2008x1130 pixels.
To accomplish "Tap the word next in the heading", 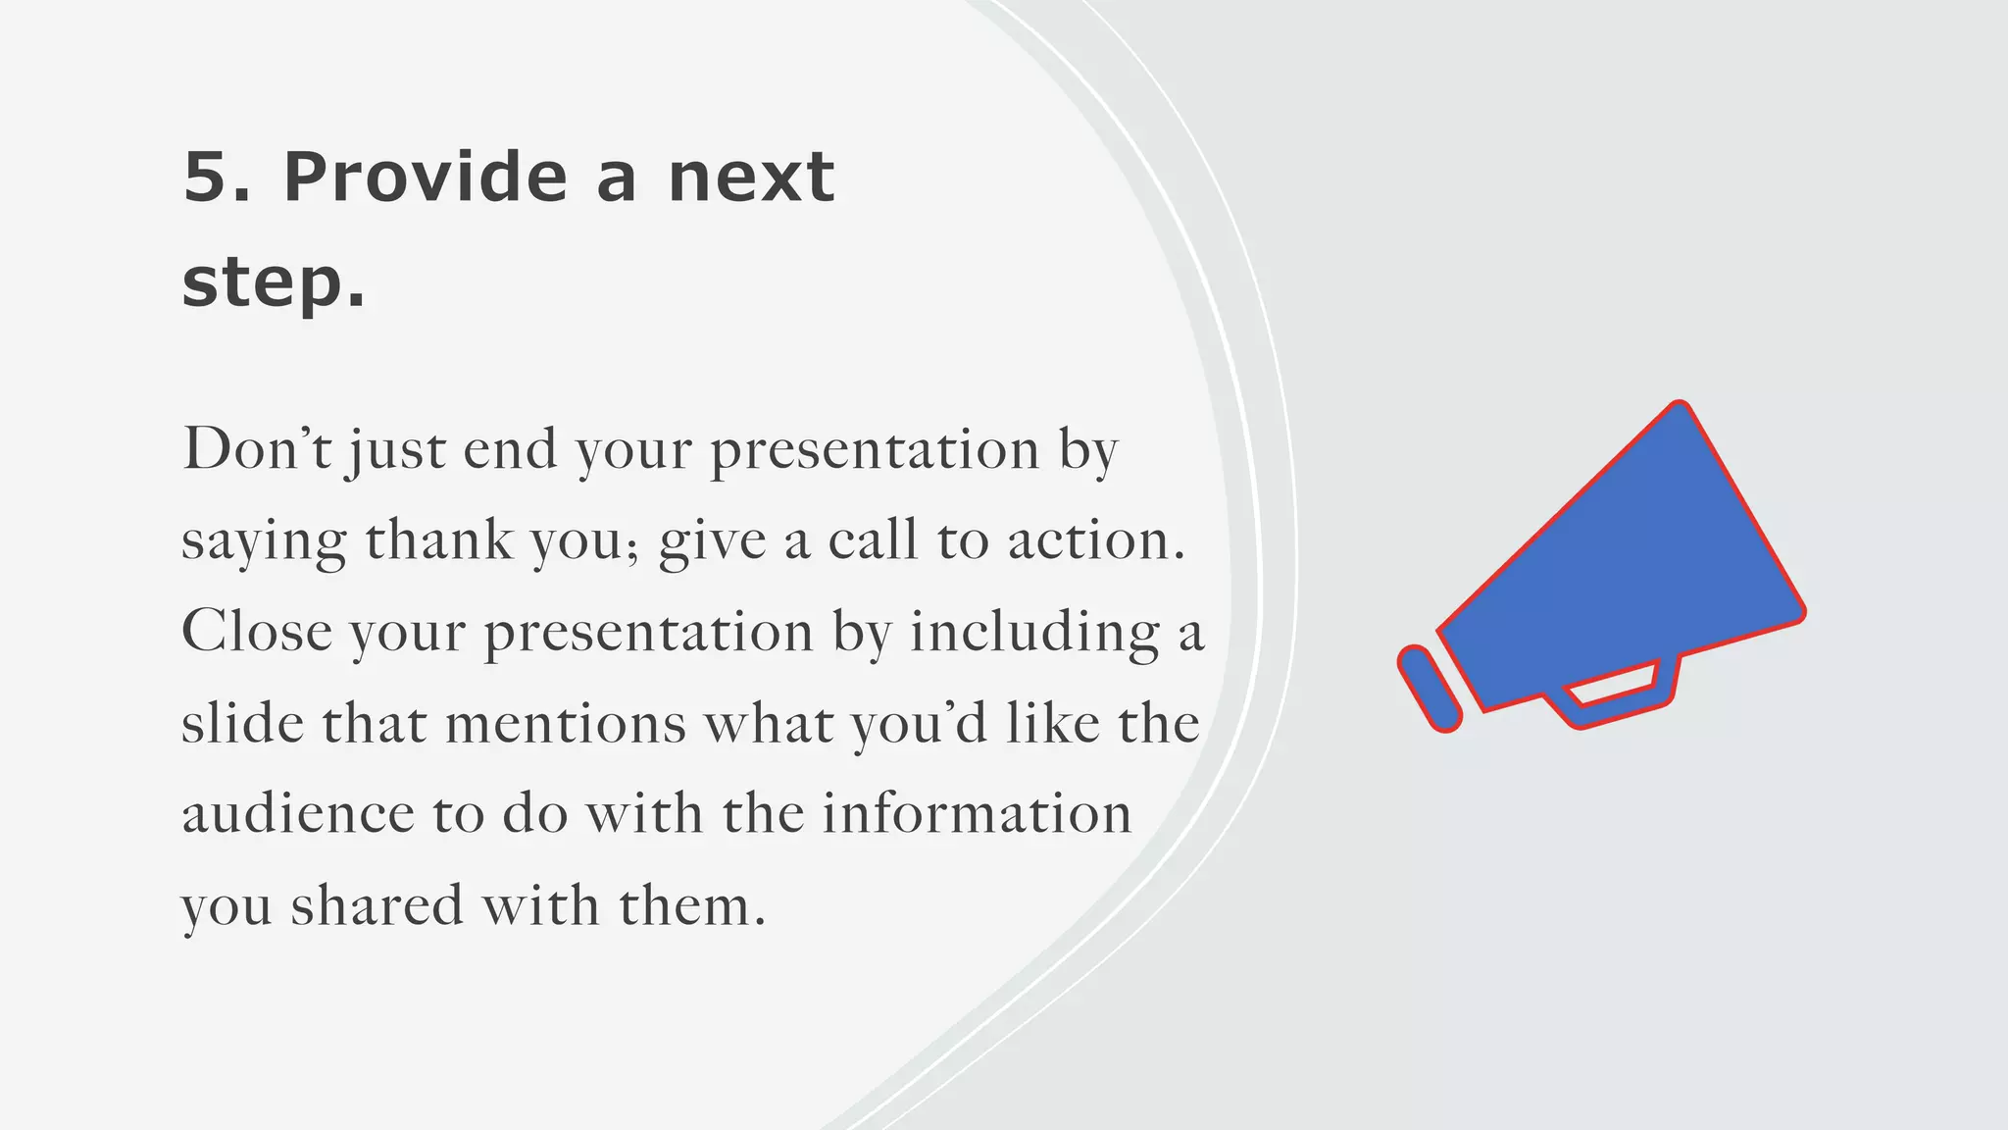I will click(x=751, y=180).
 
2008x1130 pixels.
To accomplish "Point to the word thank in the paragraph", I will click(x=438, y=540).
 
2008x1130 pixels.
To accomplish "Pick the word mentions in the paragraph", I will click(x=566, y=723).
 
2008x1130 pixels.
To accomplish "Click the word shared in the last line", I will click(x=376, y=905).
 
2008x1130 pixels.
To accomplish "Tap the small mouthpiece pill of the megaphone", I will click(x=1429, y=688).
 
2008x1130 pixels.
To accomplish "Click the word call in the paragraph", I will click(x=874, y=540).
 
